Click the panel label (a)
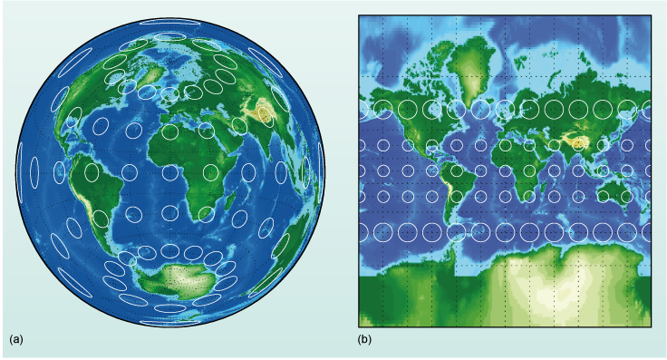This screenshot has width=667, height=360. pyautogui.click(x=15, y=339)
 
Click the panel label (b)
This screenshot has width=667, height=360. pyautogui.click(x=364, y=339)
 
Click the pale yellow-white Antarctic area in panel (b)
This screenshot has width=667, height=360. pyautogui.click(x=535, y=290)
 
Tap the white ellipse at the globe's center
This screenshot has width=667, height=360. pyautogui.click(x=169, y=172)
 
